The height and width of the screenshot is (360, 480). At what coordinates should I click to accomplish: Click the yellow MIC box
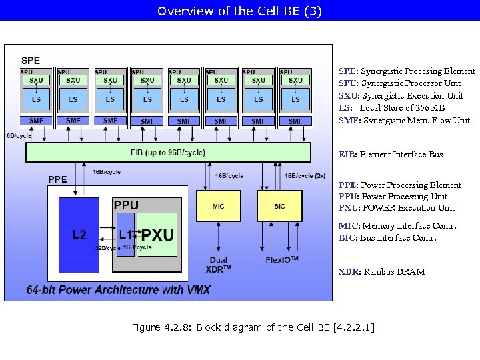(218, 206)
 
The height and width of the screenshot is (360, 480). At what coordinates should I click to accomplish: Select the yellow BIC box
(279, 206)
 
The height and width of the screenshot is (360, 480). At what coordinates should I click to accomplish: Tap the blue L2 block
(79, 234)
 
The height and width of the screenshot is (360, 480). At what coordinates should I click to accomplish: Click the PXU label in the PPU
(158, 235)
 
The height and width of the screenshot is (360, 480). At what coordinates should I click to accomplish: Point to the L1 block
(125, 234)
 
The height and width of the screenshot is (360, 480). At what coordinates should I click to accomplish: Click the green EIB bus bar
(168, 152)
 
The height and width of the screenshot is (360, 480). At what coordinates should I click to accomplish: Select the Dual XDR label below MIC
(219, 264)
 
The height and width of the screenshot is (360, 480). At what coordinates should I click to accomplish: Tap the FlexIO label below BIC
(281, 260)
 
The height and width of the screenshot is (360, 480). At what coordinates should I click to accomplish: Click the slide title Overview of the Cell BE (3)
(240, 11)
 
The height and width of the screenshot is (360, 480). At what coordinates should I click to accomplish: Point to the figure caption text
(253, 327)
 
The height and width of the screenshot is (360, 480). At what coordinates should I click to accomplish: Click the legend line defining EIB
(390, 155)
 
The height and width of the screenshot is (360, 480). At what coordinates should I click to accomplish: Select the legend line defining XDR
(381, 271)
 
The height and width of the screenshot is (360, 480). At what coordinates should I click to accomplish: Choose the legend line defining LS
(391, 108)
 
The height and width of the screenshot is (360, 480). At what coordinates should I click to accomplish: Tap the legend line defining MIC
(397, 226)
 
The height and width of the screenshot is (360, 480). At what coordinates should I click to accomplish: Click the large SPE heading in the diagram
(31, 60)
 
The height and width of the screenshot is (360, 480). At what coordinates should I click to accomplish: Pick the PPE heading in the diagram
(57, 179)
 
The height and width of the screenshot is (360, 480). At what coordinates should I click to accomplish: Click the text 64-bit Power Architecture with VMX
(118, 290)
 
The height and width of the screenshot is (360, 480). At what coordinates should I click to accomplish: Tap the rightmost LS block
(295, 99)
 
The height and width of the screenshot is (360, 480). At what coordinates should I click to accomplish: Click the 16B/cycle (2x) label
(305, 176)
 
